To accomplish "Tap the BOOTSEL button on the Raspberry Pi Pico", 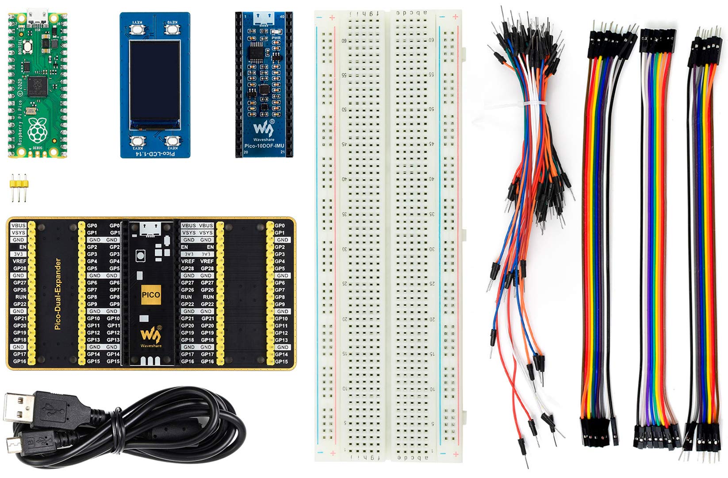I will tap(28, 46).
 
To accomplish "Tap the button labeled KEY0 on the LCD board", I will tap(171, 29).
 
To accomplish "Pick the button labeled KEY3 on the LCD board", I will tap(137, 141).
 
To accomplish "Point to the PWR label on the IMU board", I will tap(276, 38).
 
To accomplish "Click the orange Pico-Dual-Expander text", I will tap(57, 294).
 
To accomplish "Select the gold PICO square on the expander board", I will tap(151, 294).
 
